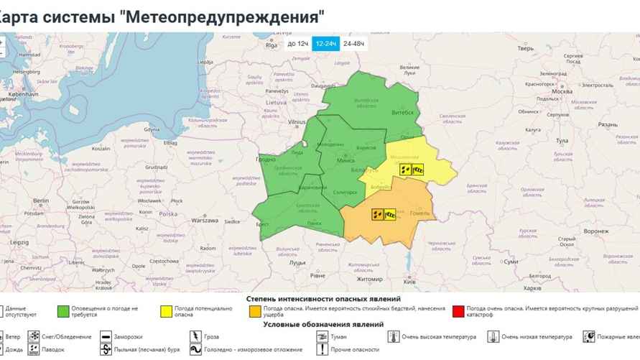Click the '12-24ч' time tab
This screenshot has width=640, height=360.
tap(325, 44)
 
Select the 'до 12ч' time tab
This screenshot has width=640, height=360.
tap(298, 44)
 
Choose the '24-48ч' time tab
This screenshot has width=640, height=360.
tap(353, 44)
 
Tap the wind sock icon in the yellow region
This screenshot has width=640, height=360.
tap(418, 170)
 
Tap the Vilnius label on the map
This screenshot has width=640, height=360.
tap(297, 123)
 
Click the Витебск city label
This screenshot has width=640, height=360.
tap(402, 112)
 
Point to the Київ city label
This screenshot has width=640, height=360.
tap(410, 282)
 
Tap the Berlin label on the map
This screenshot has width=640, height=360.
tap(40, 200)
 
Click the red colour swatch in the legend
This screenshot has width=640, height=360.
tap(459, 312)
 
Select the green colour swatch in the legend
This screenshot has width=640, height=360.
tap(64, 312)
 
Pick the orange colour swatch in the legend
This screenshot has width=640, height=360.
tap(255, 312)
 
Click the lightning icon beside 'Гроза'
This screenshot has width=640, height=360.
tap(195, 336)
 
